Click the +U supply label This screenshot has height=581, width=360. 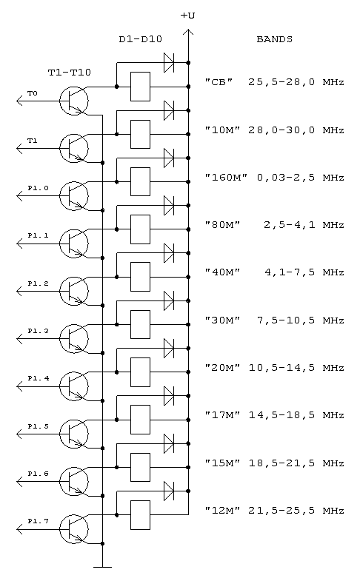187,16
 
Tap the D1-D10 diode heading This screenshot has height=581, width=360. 141,39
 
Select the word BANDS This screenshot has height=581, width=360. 274,39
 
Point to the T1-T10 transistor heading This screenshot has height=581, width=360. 70,72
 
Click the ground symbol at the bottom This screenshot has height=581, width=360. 102,567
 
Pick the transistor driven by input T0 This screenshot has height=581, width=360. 74,101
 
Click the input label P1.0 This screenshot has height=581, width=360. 38,188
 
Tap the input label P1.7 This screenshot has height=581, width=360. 38,521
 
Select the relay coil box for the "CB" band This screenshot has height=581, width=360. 140,87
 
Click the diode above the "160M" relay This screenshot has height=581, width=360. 169,158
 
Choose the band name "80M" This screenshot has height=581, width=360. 223,225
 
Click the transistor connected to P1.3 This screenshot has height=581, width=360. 74,338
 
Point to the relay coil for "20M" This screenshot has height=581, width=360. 140,372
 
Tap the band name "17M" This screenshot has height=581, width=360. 223,415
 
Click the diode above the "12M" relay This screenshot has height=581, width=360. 169,491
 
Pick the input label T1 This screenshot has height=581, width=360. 33,141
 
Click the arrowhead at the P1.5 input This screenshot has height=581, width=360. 20,434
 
